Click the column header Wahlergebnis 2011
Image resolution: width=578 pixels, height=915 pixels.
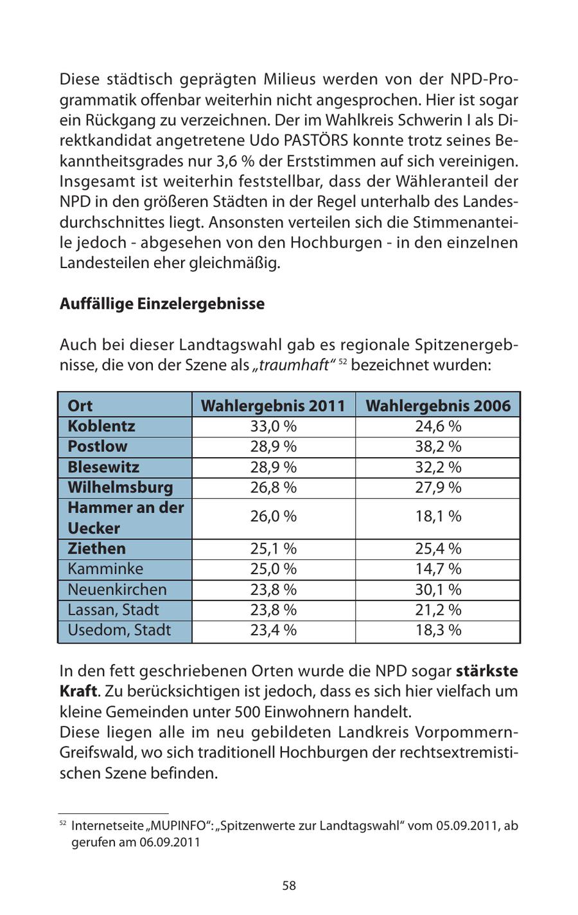coord(273,406)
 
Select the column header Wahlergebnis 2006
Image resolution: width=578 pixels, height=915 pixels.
coord(437,406)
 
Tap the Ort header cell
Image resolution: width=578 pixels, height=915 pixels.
coord(80,406)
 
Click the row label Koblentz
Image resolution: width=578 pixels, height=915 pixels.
coord(101,426)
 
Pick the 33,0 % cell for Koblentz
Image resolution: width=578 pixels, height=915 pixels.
coord(273,426)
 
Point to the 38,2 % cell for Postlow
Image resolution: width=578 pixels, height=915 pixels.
coord(437,446)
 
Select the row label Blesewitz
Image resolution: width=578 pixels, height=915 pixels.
coord(103,467)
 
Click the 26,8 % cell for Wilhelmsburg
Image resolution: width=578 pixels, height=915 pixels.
coord(273,487)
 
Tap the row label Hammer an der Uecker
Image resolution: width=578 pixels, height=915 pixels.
coord(125,518)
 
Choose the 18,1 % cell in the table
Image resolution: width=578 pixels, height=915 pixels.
coord(437,516)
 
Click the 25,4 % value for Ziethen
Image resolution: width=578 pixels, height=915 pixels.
coord(437,548)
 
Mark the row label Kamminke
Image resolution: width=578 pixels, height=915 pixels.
coord(105,569)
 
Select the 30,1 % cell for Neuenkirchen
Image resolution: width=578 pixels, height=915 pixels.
coord(437,590)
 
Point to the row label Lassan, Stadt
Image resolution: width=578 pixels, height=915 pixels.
coord(113,610)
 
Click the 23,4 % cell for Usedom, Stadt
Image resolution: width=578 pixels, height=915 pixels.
coord(273,630)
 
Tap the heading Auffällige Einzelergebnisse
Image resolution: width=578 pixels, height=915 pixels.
coord(162,303)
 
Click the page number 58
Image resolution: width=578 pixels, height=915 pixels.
coord(289,885)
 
